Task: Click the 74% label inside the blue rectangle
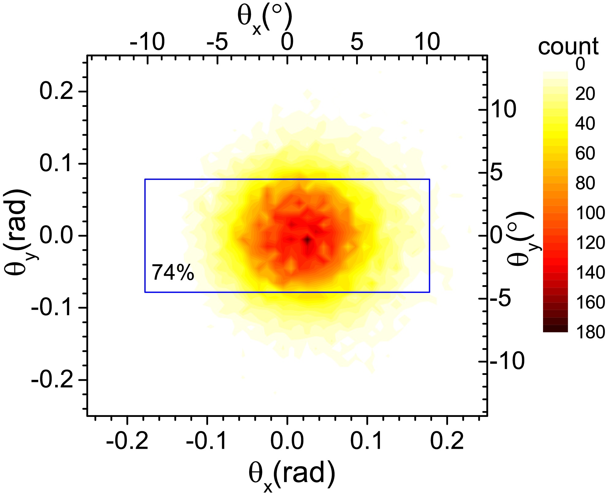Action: tap(173, 272)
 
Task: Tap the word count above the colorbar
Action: tap(568, 46)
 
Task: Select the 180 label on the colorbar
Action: tap(590, 332)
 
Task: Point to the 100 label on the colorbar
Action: tap(590, 213)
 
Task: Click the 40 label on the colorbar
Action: tap(585, 123)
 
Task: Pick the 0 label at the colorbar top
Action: tap(580, 65)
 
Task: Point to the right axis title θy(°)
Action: tap(521, 239)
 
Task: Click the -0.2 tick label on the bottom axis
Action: tap(127, 441)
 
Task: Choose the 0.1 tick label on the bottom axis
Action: tap(367, 441)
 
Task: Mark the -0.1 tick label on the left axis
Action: tap(52, 308)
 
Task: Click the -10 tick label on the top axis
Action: tap(147, 42)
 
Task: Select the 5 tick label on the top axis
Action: tap(357, 42)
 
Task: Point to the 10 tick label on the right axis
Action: tap(503, 109)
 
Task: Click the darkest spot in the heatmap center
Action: tap(307, 240)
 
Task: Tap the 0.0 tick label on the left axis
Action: tap(57, 236)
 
